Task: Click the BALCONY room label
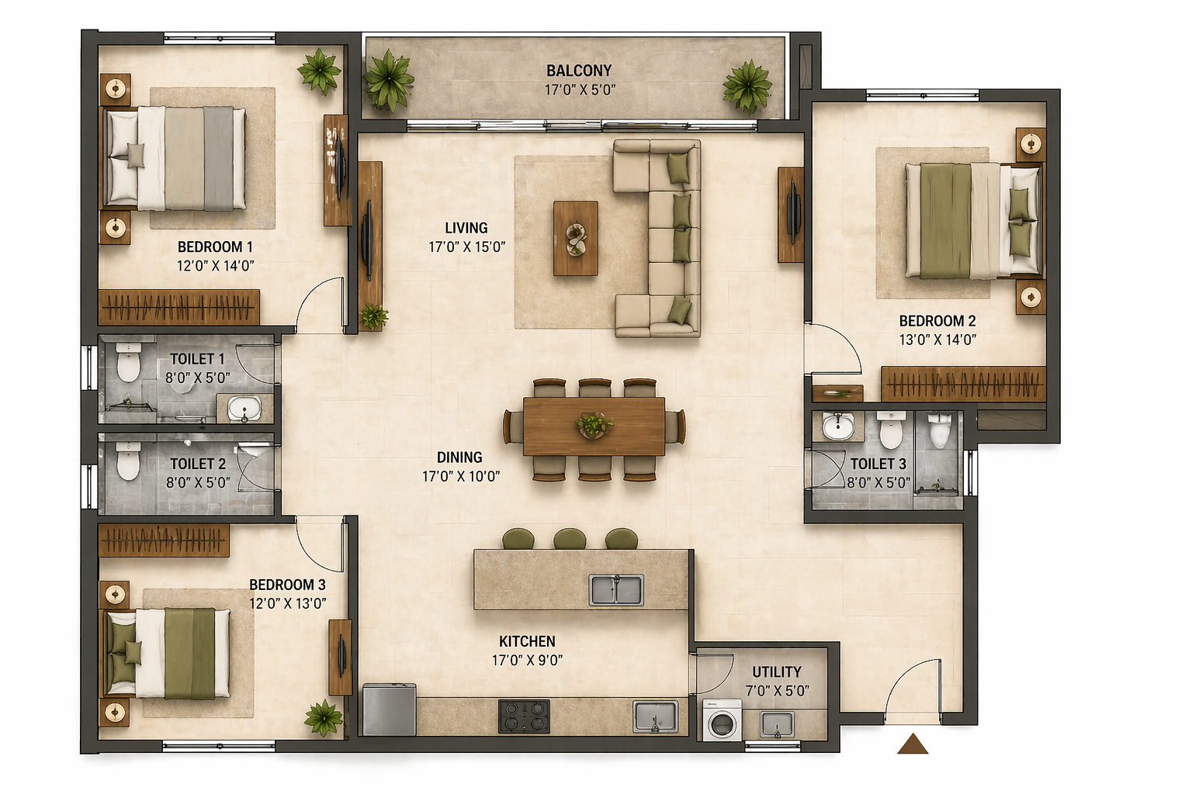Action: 579,71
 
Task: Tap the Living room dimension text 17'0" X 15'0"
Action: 466,247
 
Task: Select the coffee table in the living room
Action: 576,238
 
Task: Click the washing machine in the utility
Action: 722,720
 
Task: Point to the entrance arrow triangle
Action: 913,744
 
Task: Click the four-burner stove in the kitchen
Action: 524,716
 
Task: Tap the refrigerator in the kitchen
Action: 389,709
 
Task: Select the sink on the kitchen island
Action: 616,590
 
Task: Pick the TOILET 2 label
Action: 198,464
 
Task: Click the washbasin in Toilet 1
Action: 244,409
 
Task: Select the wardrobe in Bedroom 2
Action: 963,384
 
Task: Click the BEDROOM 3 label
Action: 287,585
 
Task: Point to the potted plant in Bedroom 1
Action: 319,72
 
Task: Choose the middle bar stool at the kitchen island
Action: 570,539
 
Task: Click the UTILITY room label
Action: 776,671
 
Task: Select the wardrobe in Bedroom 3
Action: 164,540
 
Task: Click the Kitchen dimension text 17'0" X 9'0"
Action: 528,660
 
